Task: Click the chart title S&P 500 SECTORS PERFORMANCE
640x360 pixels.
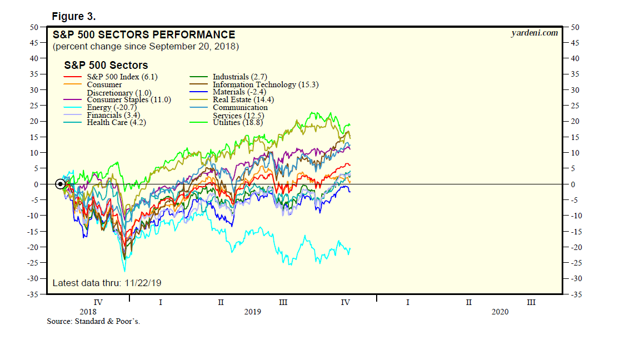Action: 144,35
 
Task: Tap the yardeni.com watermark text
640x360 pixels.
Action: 534,33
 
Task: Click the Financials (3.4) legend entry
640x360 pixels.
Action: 112,115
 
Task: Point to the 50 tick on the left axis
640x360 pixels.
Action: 34,27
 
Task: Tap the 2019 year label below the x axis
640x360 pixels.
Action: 253,312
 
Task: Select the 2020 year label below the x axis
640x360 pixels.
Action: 500,312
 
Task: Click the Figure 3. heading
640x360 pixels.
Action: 74,15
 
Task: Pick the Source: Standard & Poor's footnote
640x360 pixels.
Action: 93,321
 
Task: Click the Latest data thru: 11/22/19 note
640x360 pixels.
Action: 107,283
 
